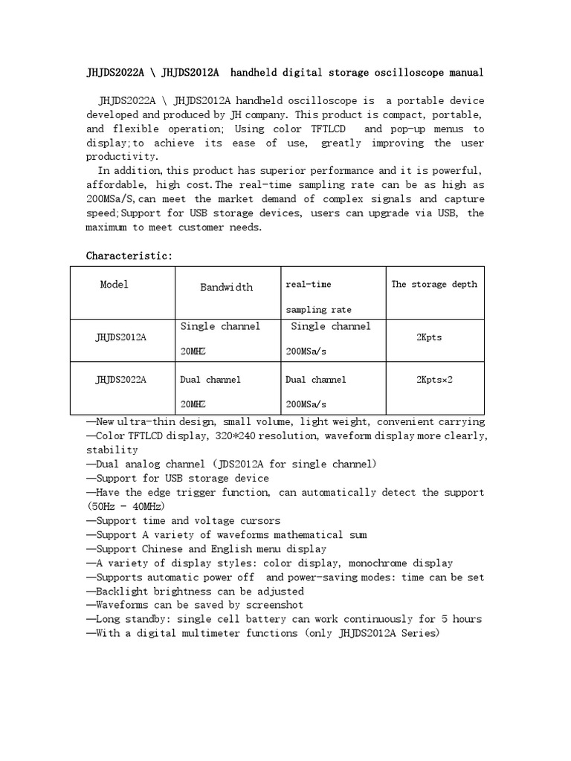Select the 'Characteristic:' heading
tap(129, 256)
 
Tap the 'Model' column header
tap(114, 285)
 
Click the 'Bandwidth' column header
tap(226, 287)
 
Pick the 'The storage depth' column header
tap(434, 285)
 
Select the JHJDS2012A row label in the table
tap(120, 337)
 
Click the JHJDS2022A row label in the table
tap(120, 380)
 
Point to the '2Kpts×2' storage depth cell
tap(434, 380)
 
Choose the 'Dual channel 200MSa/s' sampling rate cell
tap(316, 391)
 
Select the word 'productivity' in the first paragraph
tap(122, 157)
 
